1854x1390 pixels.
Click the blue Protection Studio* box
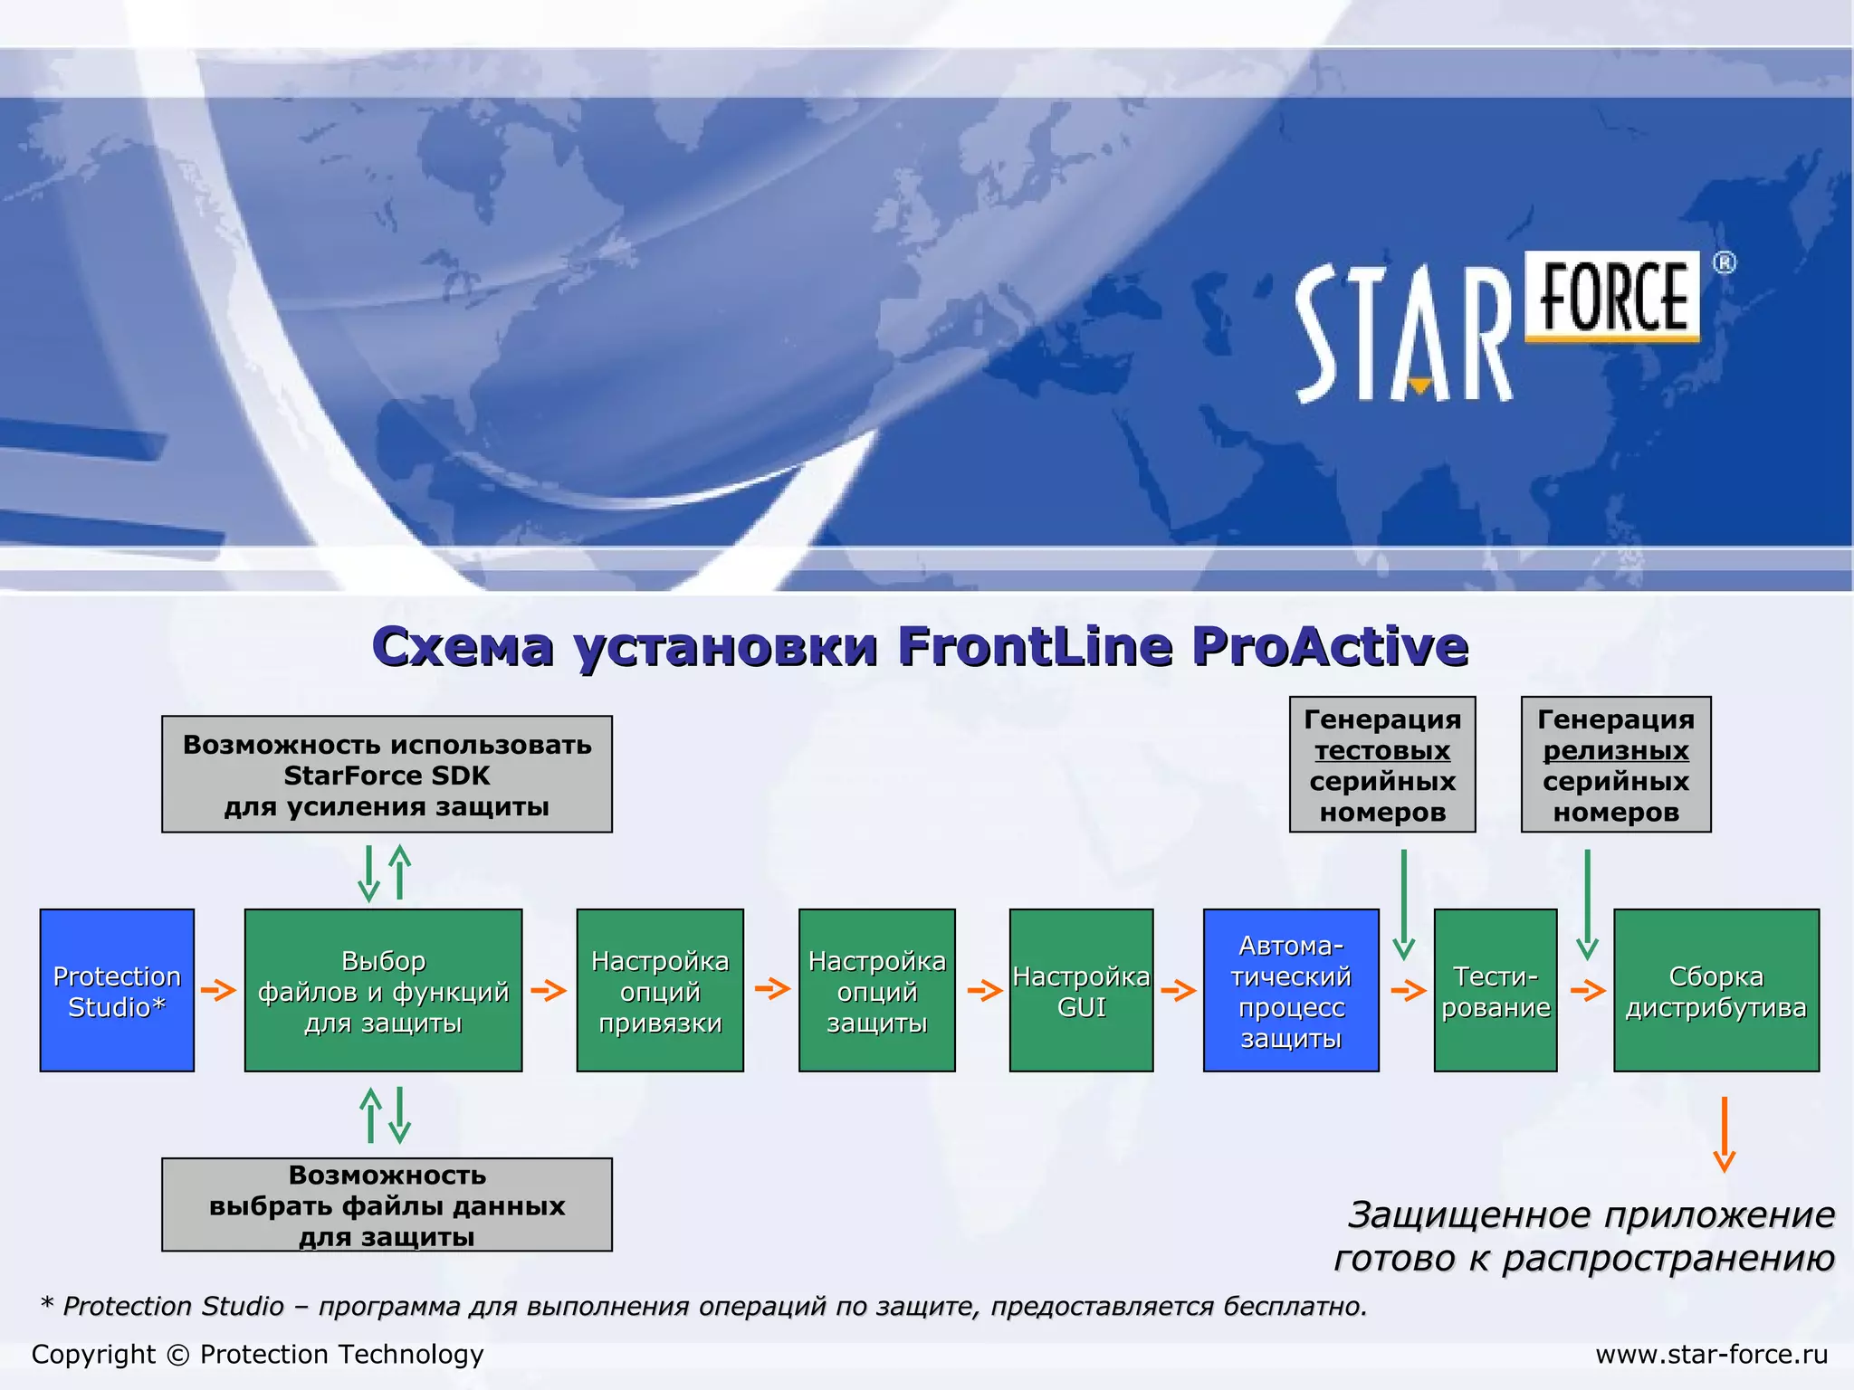117,990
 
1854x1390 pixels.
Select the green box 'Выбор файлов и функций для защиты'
383,990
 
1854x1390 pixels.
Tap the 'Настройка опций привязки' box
660,990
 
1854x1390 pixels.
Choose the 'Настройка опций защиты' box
876,990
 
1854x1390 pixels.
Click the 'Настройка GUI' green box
1081,990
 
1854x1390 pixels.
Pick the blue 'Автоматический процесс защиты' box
1291,990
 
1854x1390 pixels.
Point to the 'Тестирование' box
1496,990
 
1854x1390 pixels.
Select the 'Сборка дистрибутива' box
1715,990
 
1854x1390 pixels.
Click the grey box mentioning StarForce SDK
387,774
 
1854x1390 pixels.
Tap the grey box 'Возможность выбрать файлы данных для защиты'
387,1204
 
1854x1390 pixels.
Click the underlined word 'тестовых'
1382,750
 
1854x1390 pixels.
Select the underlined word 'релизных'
1616,750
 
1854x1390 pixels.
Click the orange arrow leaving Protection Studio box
218,989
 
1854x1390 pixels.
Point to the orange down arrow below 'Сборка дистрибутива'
1725,1135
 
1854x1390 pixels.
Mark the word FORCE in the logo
1613,296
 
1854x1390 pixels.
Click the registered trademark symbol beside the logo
1725,263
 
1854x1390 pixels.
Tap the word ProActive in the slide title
1329,646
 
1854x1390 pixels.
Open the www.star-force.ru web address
1711,1354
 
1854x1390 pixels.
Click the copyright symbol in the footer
178,1355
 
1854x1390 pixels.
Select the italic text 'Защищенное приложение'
1591,1214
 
